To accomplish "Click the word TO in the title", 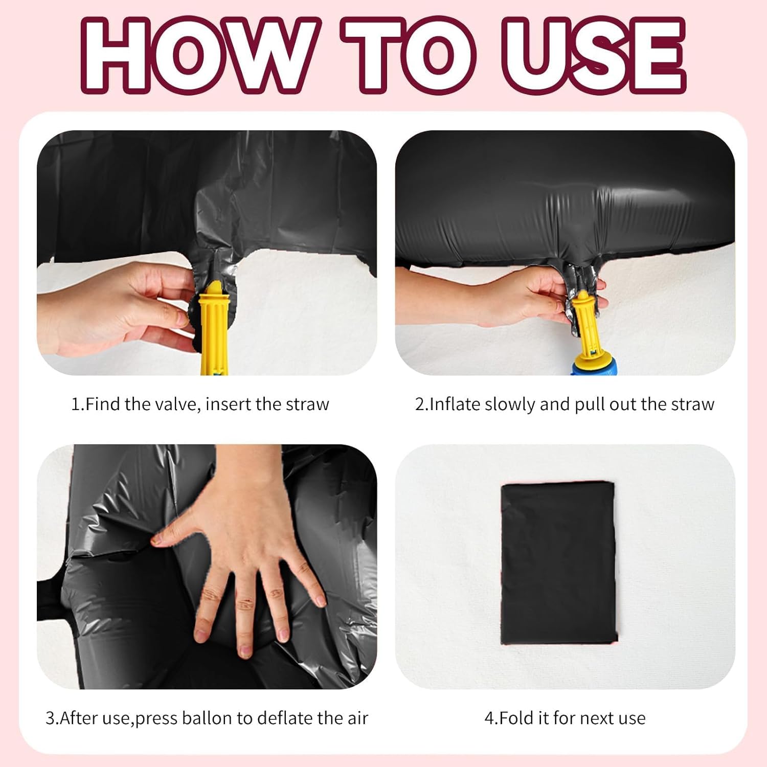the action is click(x=409, y=55).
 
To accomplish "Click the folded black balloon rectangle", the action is click(x=558, y=563).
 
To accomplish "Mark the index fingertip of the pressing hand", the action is click(x=155, y=539).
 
